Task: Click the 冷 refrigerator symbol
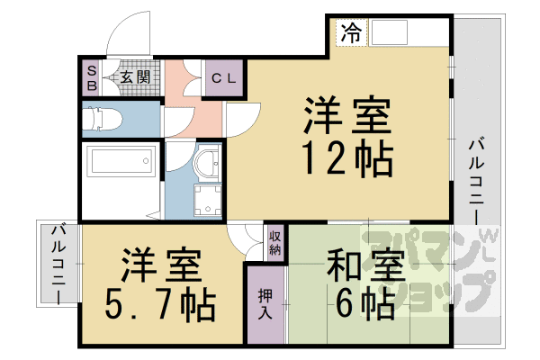(351, 34)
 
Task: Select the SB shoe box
(91, 76)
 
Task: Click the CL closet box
(223, 77)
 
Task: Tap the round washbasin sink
(207, 164)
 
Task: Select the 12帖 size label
(346, 159)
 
